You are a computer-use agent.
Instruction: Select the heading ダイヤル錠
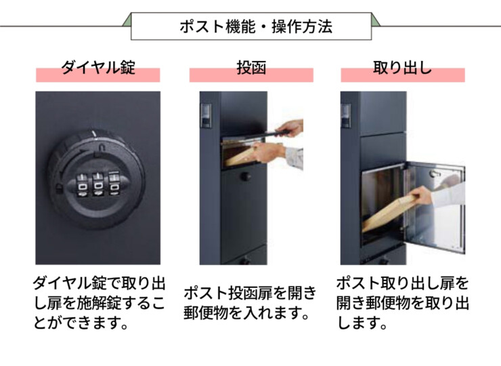(x=97, y=68)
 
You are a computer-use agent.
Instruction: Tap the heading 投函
(x=250, y=68)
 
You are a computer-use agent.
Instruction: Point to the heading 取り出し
(x=402, y=68)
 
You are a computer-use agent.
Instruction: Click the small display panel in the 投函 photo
(x=205, y=115)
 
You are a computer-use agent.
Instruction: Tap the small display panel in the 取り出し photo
(x=345, y=115)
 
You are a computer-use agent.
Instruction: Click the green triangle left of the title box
(x=127, y=20)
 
